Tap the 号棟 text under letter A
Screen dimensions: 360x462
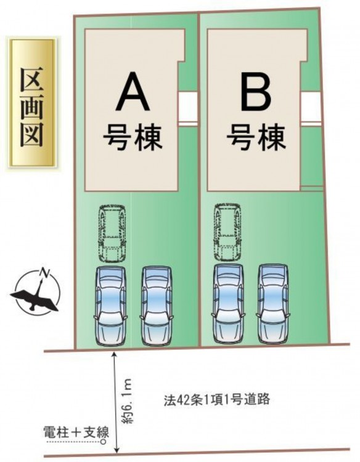[133, 137]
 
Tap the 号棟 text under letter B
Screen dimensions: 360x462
[256, 137]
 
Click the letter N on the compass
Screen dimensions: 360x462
[45, 273]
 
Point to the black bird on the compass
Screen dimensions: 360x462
[35, 296]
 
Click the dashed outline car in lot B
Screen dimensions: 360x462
[227, 232]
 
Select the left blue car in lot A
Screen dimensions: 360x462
[110, 306]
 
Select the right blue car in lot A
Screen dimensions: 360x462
[156, 306]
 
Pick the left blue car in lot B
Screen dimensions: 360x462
[228, 304]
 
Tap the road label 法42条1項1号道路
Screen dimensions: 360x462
[217, 400]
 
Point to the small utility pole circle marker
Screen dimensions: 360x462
[103, 442]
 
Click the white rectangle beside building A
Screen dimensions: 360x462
[188, 107]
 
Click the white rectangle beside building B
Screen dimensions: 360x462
[311, 107]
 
